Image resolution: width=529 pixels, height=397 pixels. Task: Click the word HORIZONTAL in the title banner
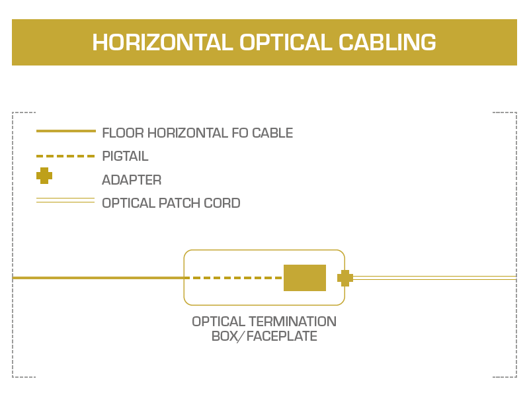[x=162, y=42]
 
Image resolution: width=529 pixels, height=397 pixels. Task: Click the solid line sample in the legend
[x=65, y=131]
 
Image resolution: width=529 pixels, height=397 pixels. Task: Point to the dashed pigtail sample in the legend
[x=65, y=156]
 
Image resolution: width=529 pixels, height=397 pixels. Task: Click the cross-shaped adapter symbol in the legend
[x=44, y=176]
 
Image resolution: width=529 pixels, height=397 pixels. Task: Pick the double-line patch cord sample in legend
[x=65, y=200]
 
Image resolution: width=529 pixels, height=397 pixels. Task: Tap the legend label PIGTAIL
[x=125, y=157]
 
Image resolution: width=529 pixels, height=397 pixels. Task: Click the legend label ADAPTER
[x=132, y=180]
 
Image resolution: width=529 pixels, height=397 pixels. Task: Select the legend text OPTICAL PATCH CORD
[x=171, y=203]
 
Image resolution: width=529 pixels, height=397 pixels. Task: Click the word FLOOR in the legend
[x=122, y=133]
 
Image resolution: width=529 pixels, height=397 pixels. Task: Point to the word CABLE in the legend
[x=271, y=133]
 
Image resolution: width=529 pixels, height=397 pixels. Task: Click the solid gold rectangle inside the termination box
[x=305, y=278]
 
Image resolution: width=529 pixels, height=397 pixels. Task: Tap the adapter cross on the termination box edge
[x=345, y=278]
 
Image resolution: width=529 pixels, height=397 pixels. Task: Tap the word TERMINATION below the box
[x=292, y=322]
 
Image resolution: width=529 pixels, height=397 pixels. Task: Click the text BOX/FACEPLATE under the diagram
[x=264, y=337]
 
